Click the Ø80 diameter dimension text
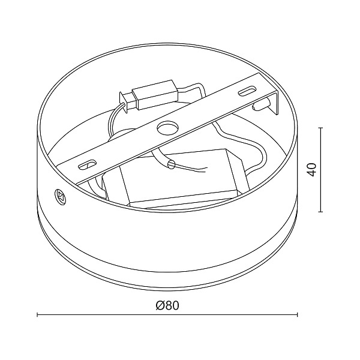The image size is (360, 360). click(x=167, y=305)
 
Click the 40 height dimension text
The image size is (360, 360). click(x=310, y=169)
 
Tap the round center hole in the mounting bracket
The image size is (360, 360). click(x=166, y=127)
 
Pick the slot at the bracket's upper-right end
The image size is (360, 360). click(x=246, y=91)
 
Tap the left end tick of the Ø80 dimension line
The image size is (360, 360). click(x=38, y=314)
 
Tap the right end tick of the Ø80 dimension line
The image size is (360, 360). click(x=298, y=314)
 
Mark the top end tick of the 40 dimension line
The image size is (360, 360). click(x=322, y=128)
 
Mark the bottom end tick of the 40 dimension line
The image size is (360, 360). click(x=322, y=212)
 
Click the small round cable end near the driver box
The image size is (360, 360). click(x=171, y=163)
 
